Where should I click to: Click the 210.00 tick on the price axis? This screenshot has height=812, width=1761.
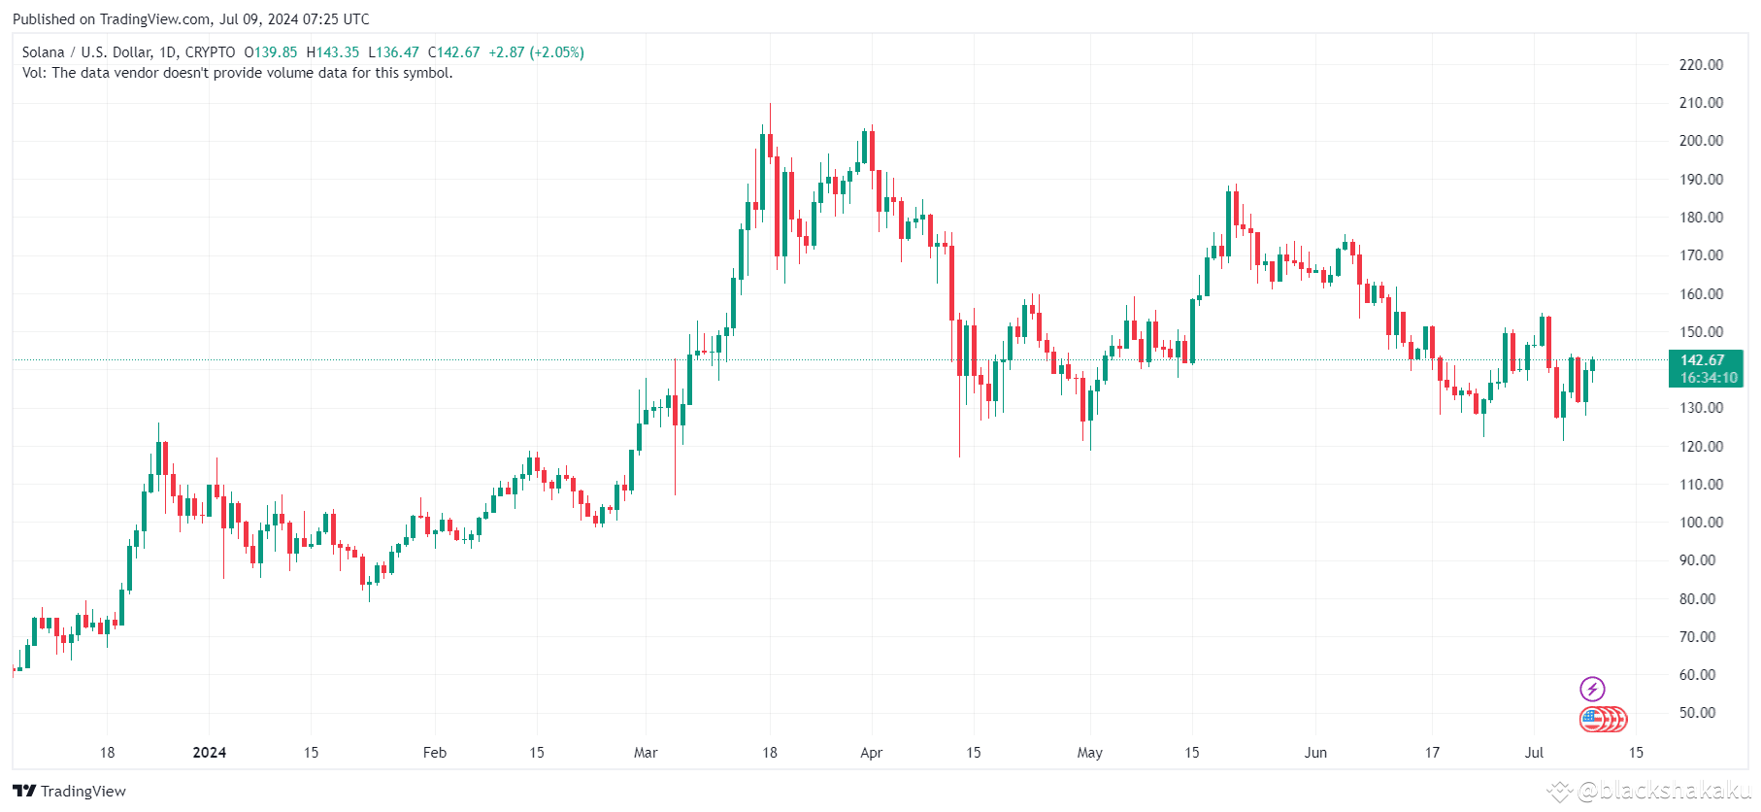pyautogui.click(x=1701, y=103)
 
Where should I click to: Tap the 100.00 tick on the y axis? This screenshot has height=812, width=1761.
pyautogui.click(x=1701, y=523)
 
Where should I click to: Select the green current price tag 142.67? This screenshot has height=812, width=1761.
pyautogui.click(x=1703, y=360)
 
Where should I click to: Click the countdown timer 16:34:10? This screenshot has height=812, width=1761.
pyautogui.click(x=1708, y=378)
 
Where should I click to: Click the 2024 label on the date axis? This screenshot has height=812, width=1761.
pyautogui.click(x=209, y=753)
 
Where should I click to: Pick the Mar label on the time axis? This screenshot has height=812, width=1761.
pyautogui.click(x=646, y=753)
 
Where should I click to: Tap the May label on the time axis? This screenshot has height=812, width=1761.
pyautogui.click(x=1089, y=753)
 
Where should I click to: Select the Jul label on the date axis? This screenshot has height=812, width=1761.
pyautogui.click(x=1534, y=753)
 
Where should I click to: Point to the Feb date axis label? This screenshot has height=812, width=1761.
pyautogui.click(x=435, y=753)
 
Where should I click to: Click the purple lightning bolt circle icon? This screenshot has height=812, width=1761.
pyautogui.click(x=1592, y=690)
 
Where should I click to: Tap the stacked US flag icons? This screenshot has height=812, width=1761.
pyautogui.click(x=1602, y=720)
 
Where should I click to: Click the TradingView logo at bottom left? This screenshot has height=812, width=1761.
pyautogui.click(x=70, y=791)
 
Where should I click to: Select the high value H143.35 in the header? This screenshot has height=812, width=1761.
pyautogui.click(x=333, y=52)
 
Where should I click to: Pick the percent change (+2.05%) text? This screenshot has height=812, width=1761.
pyautogui.click(x=556, y=52)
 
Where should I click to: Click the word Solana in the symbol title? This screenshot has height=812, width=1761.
pyautogui.click(x=43, y=52)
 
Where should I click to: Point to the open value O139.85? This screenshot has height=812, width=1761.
pyautogui.click(x=271, y=52)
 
